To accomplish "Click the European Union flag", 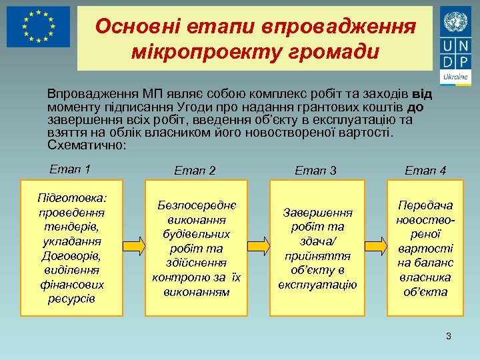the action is pos(38,27).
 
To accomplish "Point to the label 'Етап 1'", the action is pos(70,169).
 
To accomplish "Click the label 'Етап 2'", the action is pos(195,170).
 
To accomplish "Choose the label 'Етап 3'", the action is pos(315,170).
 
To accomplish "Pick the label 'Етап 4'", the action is pos(425,170).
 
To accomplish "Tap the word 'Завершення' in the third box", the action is pos(317,212).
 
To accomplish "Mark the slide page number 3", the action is pos(449,336).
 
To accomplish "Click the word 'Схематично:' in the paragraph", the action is pos(87,145).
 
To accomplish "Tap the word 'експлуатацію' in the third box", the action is pos(317,285).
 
